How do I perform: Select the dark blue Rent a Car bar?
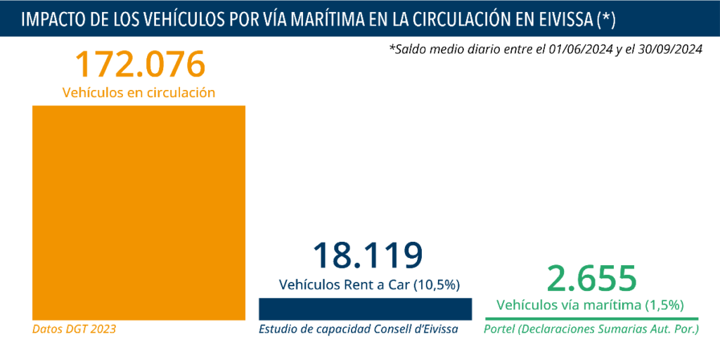click(365, 309)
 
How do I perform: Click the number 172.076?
click(139, 64)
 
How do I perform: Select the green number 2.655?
click(592, 278)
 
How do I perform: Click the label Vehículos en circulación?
click(139, 93)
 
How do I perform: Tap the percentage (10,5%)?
click(436, 285)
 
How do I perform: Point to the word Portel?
click(500, 328)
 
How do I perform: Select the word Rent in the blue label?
click(354, 285)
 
